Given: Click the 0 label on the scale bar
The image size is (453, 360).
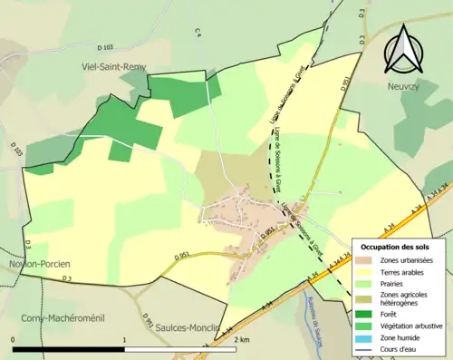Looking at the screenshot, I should click(x=14, y=339).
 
